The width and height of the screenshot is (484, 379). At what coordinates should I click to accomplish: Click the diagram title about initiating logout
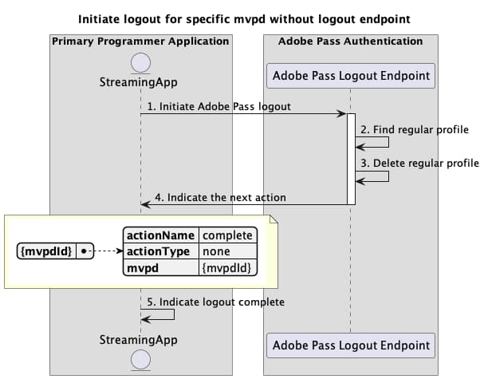(241, 18)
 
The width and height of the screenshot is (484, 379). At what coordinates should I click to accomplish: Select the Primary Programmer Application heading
(140, 41)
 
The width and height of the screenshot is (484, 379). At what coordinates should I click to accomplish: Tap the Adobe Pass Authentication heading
(350, 41)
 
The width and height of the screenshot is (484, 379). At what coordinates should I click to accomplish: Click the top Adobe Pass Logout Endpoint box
(351, 76)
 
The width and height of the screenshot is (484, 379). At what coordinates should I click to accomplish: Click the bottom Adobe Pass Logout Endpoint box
(351, 345)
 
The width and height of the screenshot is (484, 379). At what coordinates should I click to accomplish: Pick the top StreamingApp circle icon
(140, 62)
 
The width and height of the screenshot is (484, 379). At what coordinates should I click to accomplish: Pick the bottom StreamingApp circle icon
(140, 358)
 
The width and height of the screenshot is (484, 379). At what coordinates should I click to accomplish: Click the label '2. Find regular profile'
(415, 129)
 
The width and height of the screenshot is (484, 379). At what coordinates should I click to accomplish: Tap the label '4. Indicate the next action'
(220, 197)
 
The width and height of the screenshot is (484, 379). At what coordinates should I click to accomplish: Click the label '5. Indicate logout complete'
(216, 302)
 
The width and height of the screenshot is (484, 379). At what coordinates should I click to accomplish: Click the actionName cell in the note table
(161, 235)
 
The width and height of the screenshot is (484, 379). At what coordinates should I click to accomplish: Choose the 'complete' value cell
(227, 235)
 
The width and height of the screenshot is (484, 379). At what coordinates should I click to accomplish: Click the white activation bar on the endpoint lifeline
(351, 158)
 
